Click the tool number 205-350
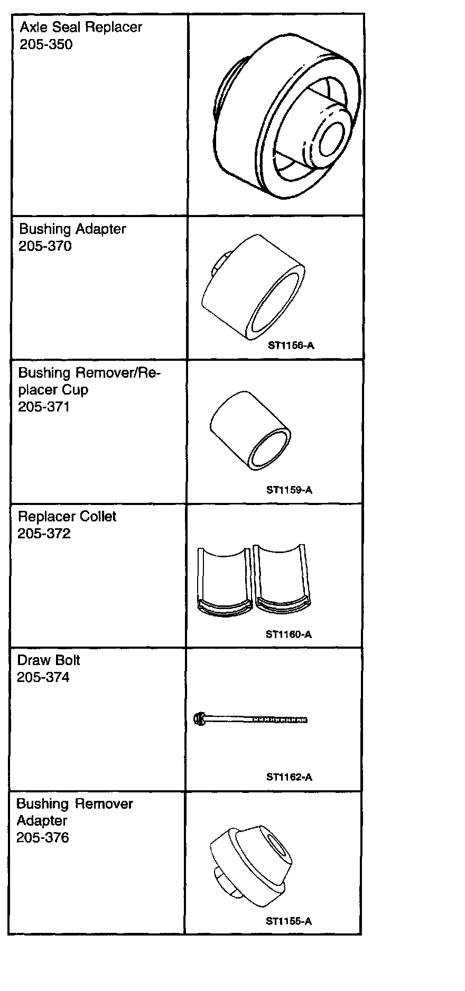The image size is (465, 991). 46,44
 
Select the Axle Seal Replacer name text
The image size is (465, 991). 81,27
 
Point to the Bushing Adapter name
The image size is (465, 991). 72,229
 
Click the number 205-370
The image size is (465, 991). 45,246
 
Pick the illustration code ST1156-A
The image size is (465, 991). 291,346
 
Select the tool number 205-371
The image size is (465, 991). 44,407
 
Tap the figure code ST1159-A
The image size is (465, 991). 289,490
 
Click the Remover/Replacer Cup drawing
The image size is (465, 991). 250,431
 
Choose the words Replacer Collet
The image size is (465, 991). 67,516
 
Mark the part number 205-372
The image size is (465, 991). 44,534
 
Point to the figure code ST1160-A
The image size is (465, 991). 289,634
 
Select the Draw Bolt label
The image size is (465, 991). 49,660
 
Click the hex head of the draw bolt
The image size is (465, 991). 200,718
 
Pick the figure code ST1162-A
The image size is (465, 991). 289,777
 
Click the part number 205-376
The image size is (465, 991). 43,838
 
